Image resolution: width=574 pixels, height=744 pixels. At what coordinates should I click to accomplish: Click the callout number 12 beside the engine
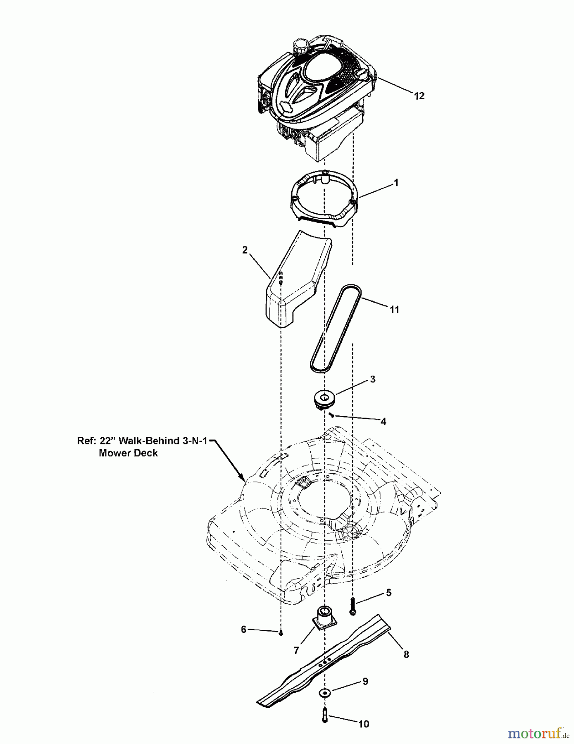tap(419, 96)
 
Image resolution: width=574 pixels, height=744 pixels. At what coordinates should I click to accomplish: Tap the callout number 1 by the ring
tap(396, 182)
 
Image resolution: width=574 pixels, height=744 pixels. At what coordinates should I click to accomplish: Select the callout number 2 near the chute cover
tap(245, 250)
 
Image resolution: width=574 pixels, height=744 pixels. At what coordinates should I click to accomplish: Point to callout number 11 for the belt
tap(394, 310)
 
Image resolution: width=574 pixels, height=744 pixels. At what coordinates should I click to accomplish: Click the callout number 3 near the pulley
tap(373, 379)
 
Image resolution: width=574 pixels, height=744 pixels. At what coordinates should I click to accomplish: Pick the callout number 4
tap(383, 422)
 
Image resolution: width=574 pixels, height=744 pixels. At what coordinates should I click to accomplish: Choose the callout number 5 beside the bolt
tap(388, 593)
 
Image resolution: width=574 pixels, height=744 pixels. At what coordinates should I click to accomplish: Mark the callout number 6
tap(243, 629)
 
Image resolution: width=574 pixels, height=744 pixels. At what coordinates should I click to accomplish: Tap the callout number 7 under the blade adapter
tap(296, 651)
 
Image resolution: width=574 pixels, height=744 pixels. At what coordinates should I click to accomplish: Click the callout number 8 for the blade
tap(406, 654)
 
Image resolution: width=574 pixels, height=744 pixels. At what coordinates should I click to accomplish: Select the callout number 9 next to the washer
tap(365, 681)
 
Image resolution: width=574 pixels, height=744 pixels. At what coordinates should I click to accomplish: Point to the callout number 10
tap(364, 724)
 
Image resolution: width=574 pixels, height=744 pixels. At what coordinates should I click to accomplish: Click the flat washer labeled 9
tap(325, 692)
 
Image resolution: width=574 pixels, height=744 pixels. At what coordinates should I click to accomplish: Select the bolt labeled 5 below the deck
tap(352, 606)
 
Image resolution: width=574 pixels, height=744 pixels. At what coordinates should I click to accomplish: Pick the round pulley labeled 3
tap(324, 400)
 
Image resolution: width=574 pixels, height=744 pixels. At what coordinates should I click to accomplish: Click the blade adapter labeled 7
tap(324, 619)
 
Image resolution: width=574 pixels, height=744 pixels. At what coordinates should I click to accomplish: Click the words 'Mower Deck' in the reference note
tap(128, 453)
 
